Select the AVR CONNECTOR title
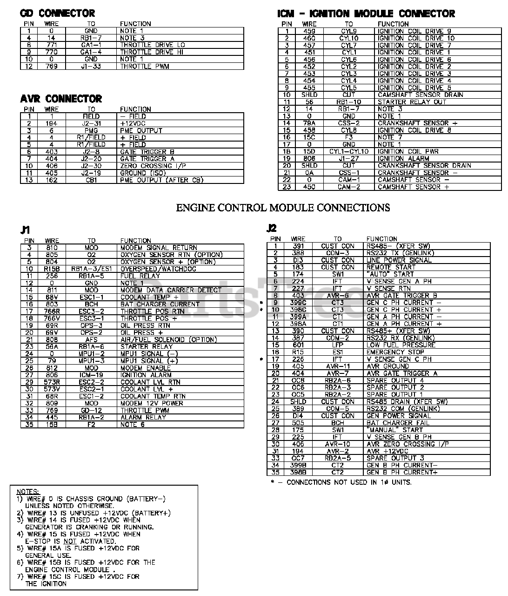61,99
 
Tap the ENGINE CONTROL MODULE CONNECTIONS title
283,208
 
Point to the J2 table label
272,228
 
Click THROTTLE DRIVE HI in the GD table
152,52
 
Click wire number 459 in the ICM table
309,31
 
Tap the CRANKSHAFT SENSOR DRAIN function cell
424,165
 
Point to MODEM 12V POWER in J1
152,403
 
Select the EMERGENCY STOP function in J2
395,352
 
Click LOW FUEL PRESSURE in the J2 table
401,345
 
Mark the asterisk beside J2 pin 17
261,359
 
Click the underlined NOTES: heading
28,492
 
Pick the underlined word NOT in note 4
69,541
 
